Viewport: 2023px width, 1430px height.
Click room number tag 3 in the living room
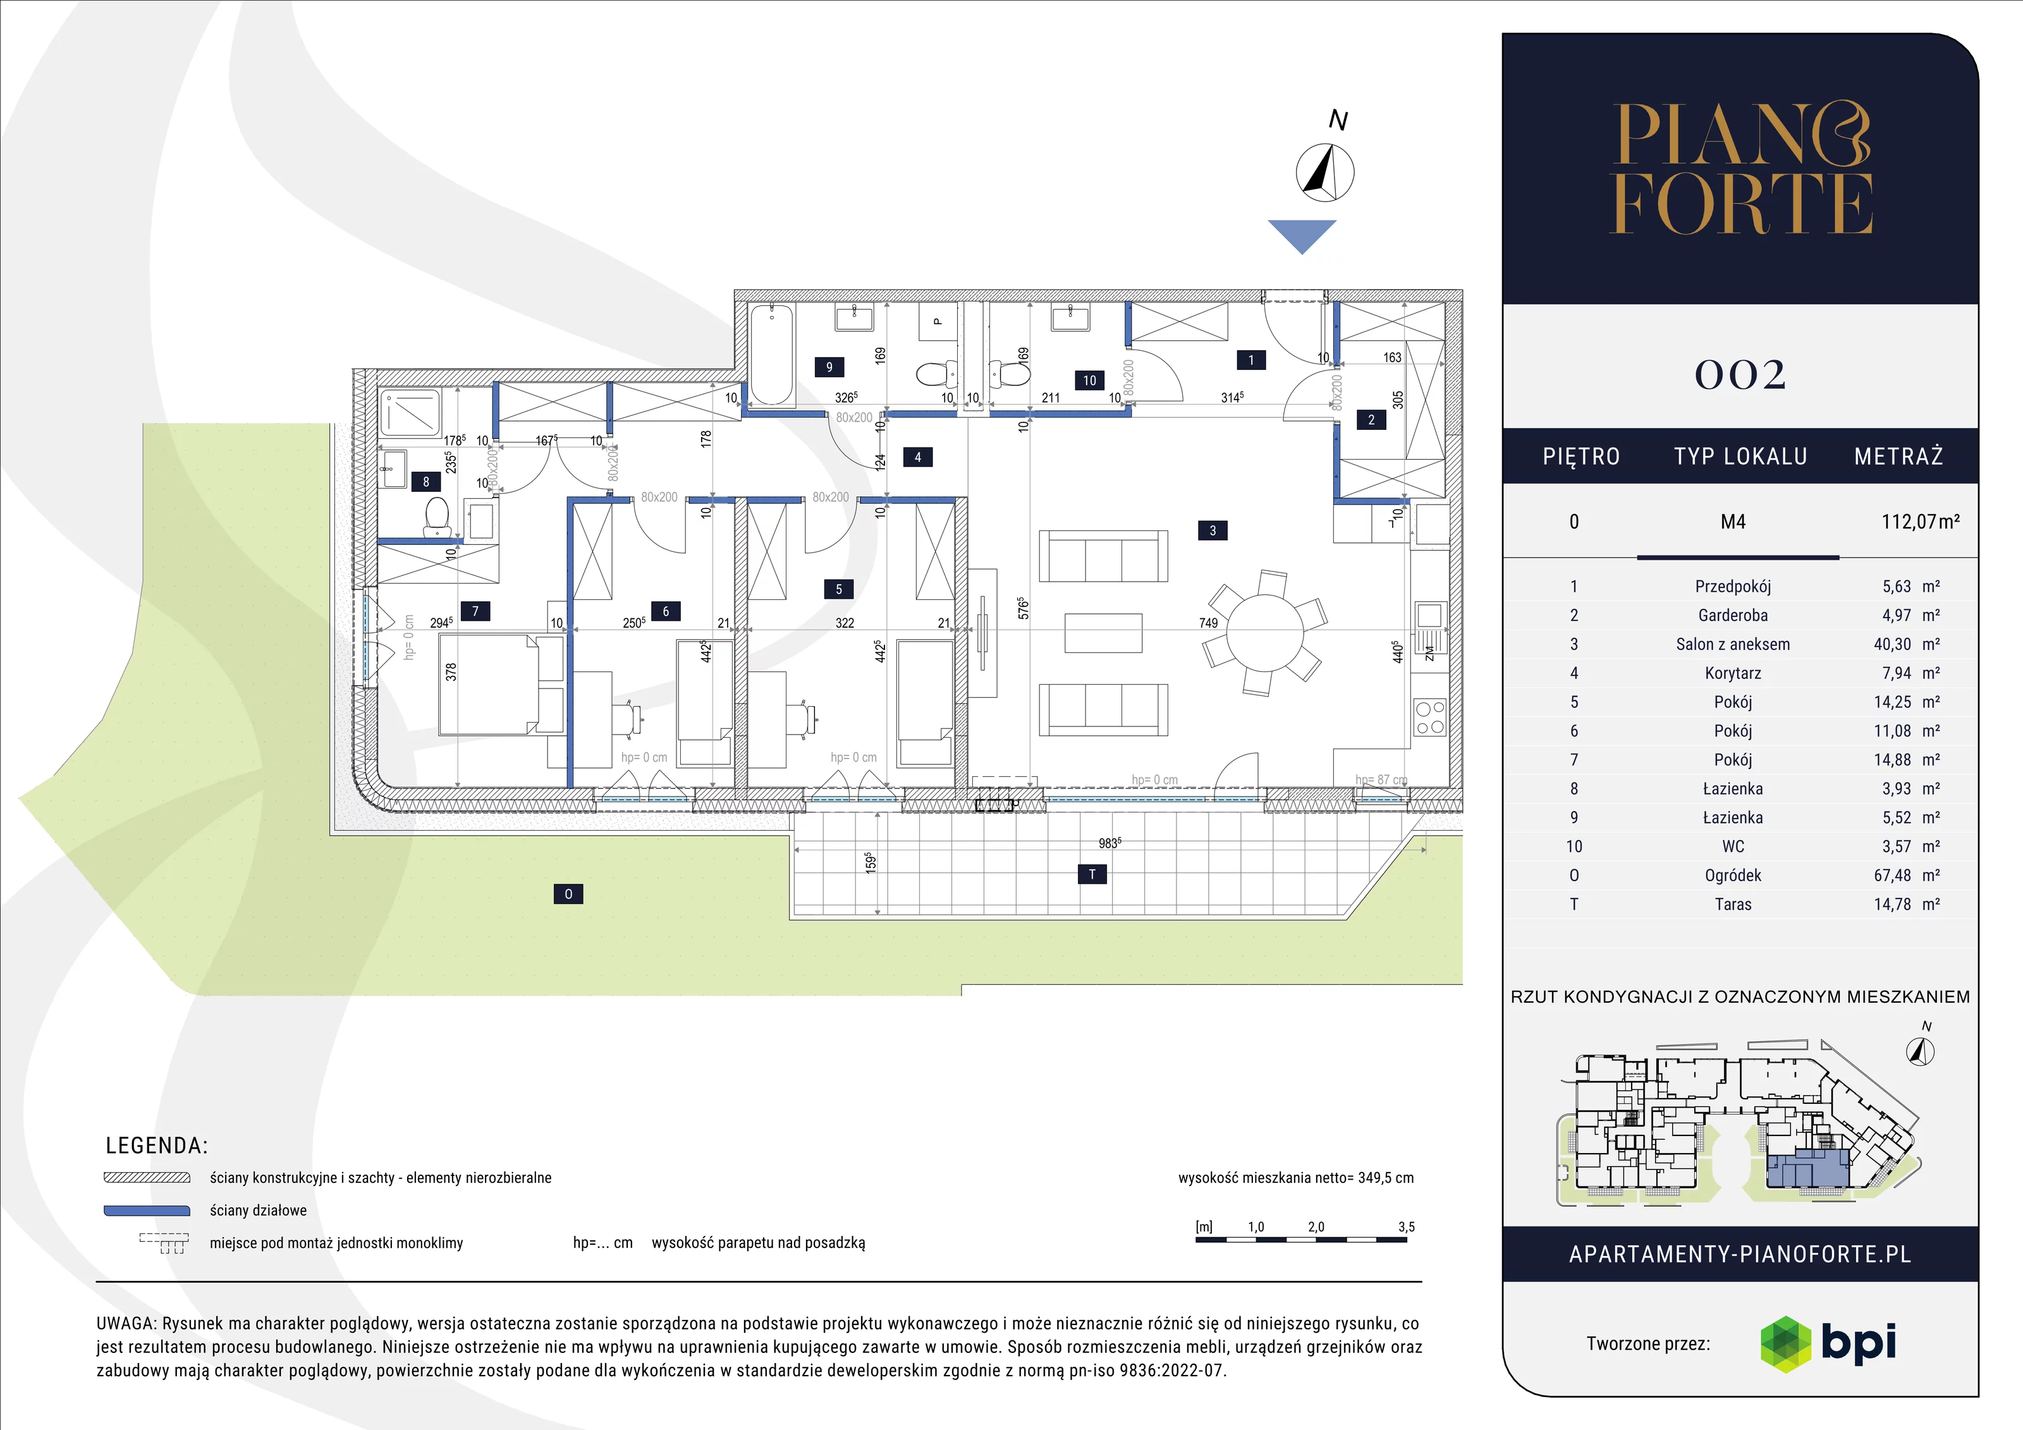(x=1213, y=530)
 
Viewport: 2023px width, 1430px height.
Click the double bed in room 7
(x=501, y=684)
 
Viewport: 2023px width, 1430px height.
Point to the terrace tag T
(x=1092, y=874)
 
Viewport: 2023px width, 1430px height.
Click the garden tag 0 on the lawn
(x=568, y=895)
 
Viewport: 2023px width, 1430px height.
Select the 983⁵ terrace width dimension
(x=1110, y=843)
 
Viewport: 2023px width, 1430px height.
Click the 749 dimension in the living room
(x=1208, y=623)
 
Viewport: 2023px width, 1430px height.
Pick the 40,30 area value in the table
(x=1893, y=644)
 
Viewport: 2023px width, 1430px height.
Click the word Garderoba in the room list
(x=1733, y=615)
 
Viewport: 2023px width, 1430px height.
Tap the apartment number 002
(x=1740, y=376)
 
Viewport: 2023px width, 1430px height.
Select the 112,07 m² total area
(x=1921, y=522)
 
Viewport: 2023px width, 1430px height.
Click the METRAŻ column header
(x=1898, y=456)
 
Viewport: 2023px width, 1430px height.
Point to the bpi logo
(x=1828, y=1343)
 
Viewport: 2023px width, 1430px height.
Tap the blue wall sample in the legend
(x=147, y=1211)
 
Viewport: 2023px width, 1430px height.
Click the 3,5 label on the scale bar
(x=1406, y=1226)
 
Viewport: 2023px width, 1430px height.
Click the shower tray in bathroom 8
(x=410, y=412)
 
